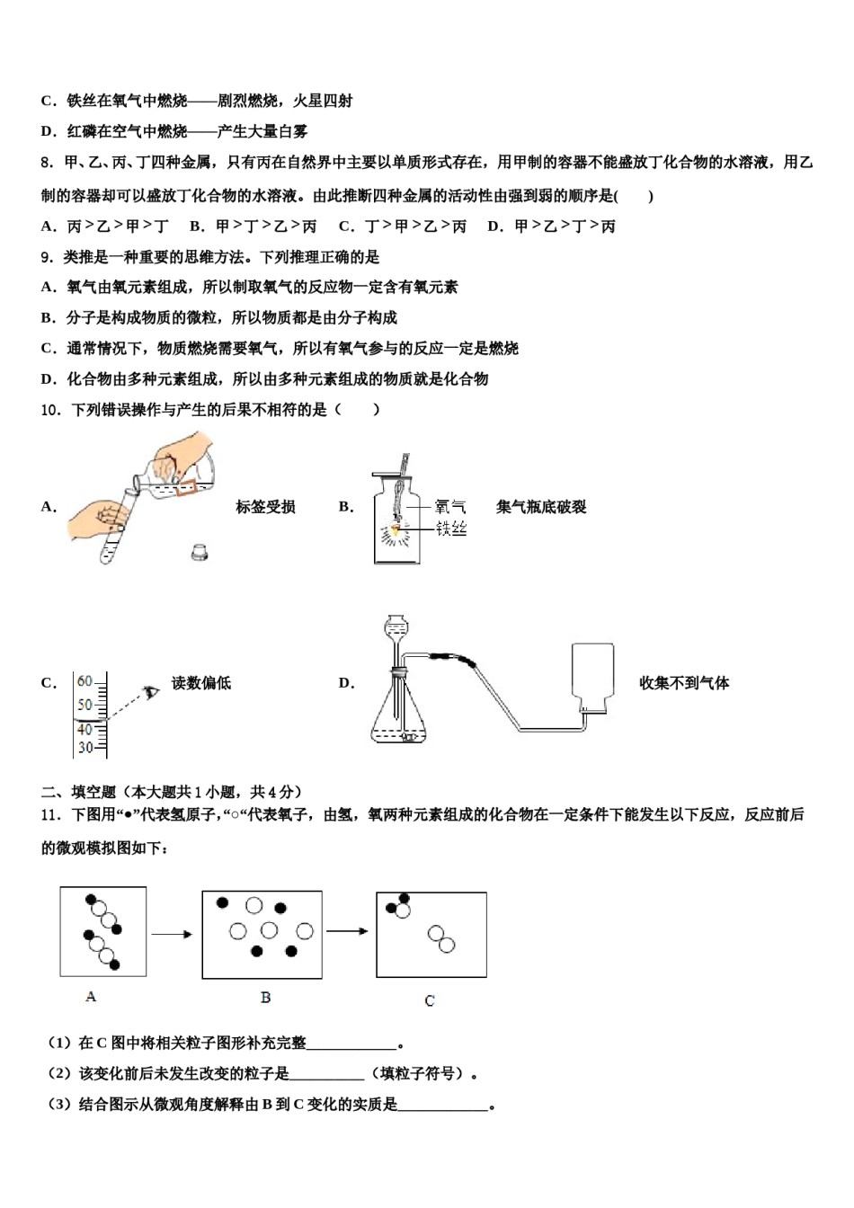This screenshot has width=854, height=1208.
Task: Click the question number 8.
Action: click(x=47, y=163)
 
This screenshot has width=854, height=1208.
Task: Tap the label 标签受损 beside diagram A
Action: click(x=265, y=507)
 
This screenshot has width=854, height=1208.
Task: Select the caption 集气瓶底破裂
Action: click(x=540, y=507)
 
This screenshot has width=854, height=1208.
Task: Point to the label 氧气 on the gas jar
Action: click(x=451, y=508)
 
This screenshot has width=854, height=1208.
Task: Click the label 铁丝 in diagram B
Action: click(x=451, y=528)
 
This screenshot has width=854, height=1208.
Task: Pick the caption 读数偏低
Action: click(x=201, y=683)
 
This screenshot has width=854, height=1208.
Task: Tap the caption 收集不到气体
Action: click(x=683, y=683)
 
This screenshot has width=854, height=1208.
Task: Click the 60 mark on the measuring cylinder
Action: click(x=85, y=681)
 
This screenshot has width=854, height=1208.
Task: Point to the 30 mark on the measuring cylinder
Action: click(x=85, y=747)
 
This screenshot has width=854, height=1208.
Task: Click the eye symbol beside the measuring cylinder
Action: click(x=151, y=693)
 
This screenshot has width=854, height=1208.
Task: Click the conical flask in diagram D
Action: click(x=399, y=715)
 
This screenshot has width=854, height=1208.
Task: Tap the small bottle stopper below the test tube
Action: click(x=200, y=553)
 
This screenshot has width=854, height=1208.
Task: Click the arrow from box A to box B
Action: click(x=173, y=935)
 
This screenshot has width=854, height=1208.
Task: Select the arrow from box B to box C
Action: click(x=348, y=931)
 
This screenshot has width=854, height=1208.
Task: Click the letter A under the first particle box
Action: click(x=91, y=997)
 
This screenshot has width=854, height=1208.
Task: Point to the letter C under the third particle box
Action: click(x=430, y=1000)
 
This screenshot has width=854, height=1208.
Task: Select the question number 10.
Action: click(x=50, y=410)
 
